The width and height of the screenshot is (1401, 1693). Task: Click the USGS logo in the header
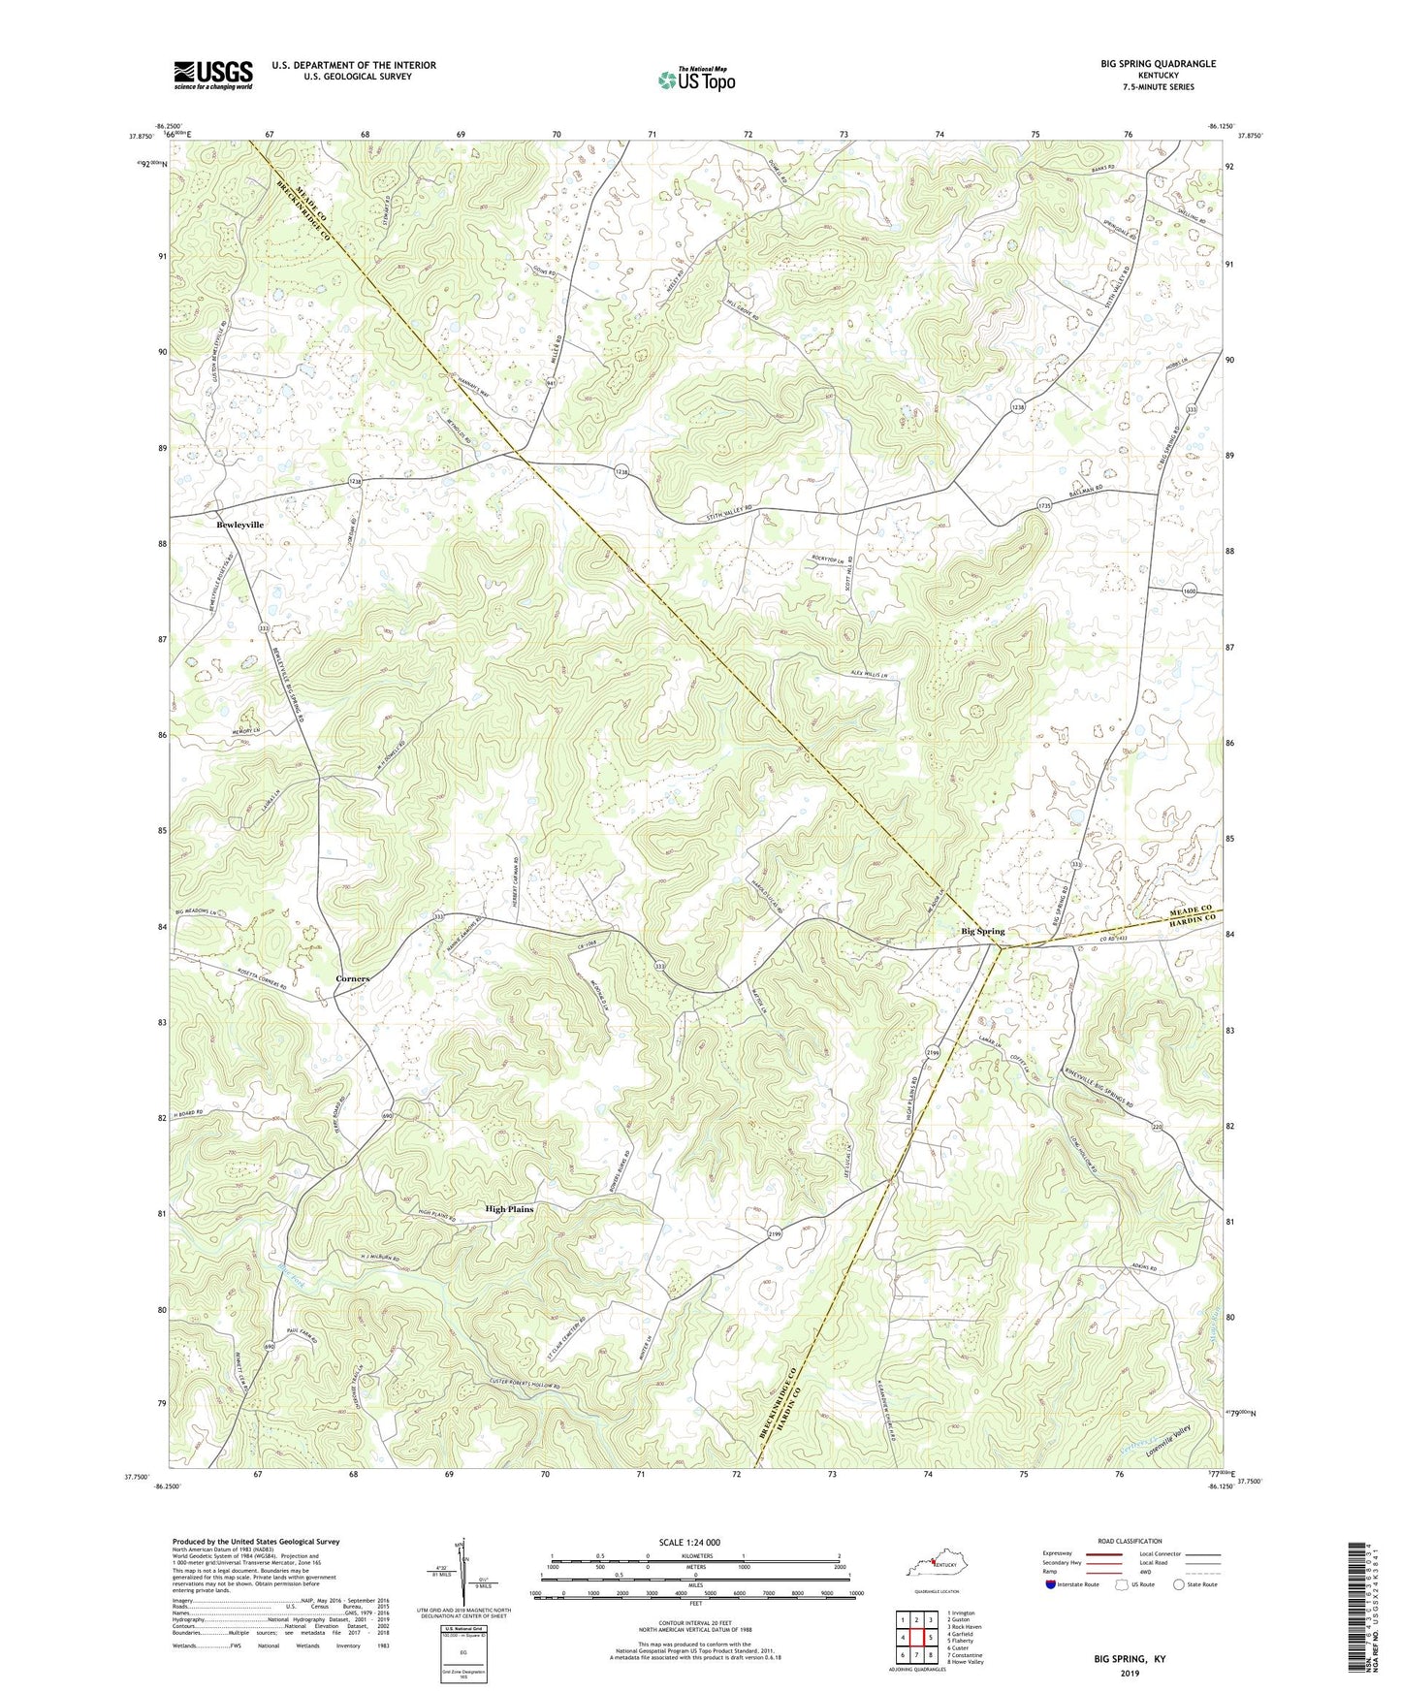[x=213, y=75]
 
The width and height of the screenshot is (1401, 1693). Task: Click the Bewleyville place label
[x=239, y=525]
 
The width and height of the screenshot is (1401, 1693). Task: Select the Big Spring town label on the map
[x=982, y=931]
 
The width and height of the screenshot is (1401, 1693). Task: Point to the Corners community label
[x=352, y=978]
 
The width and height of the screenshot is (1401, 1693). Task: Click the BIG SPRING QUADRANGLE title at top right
[x=1158, y=64]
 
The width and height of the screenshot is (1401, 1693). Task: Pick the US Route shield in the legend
[x=1122, y=1611]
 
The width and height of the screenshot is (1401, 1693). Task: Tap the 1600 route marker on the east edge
[x=1190, y=591]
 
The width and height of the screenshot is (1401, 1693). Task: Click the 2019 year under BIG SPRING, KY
[x=1130, y=1674]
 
